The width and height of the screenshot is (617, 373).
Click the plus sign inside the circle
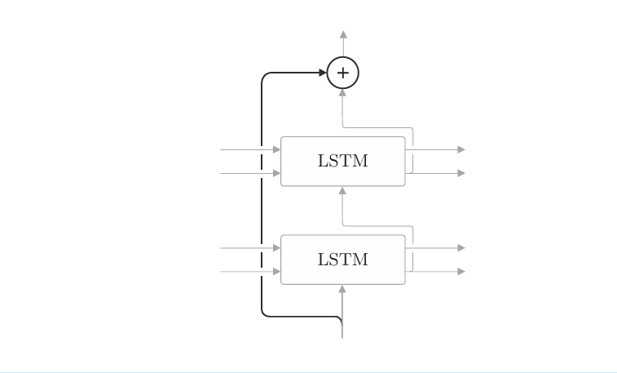click(x=343, y=73)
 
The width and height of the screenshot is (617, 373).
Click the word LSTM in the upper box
click(x=343, y=162)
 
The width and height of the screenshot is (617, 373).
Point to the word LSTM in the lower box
click(x=343, y=260)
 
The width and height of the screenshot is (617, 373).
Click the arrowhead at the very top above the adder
click(x=343, y=34)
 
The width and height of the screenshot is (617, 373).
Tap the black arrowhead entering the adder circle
click(x=323, y=73)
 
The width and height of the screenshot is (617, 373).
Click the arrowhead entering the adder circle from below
click(x=343, y=92)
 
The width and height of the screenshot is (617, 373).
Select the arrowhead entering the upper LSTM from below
click(x=342, y=190)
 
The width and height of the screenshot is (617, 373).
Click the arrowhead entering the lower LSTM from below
click(x=342, y=288)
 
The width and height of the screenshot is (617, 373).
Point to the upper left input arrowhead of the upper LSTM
click(x=277, y=150)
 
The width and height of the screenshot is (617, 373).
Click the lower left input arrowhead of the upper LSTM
click(x=277, y=173)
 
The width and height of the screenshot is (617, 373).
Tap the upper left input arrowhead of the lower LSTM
click(x=277, y=248)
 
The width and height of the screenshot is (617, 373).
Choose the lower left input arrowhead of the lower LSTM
click(x=277, y=271)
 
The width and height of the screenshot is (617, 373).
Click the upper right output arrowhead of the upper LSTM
click(x=461, y=150)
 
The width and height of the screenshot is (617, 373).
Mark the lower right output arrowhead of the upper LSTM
click(x=461, y=173)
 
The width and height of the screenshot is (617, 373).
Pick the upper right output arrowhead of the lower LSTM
click(x=461, y=248)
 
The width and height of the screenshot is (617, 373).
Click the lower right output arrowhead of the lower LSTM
click(x=461, y=271)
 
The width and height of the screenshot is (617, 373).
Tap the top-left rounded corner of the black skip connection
click(x=263, y=75)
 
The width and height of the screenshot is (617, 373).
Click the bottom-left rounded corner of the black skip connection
click(x=263, y=313)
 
